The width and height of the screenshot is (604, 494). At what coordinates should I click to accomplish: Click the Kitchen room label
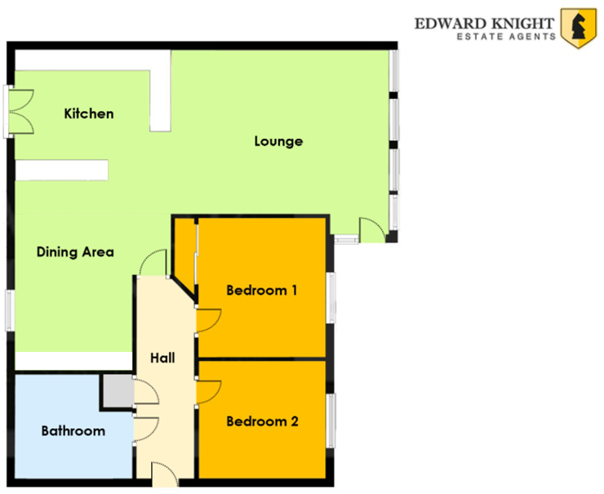[x=89, y=113]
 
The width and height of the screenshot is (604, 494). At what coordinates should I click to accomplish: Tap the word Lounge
[x=278, y=141]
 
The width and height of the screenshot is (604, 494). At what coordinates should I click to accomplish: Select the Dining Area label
[x=75, y=251]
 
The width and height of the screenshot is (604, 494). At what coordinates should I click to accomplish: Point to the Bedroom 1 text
[x=261, y=290]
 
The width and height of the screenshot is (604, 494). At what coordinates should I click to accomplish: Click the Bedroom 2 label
[x=261, y=421]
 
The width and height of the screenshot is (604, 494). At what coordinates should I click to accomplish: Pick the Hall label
[x=163, y=357]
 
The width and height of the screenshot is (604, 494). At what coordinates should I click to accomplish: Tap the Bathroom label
[x=73, y=430]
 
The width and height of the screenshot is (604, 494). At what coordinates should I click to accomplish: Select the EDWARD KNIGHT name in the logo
[x=485, y=23]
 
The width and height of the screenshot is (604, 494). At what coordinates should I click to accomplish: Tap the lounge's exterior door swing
[x=371, y=229]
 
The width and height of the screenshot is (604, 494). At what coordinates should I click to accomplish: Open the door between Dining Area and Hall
[x=153, y=264]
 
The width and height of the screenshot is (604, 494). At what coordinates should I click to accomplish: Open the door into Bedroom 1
[x=207, y=320]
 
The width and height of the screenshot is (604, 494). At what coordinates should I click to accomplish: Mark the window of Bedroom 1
[x=331, y=297]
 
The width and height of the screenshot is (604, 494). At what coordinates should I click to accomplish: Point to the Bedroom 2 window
[x=331, y=421]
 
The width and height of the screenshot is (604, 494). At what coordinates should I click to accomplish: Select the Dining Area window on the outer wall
[x=11, y=310]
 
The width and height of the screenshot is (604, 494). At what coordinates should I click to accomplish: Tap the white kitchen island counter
[x=62, y=169]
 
